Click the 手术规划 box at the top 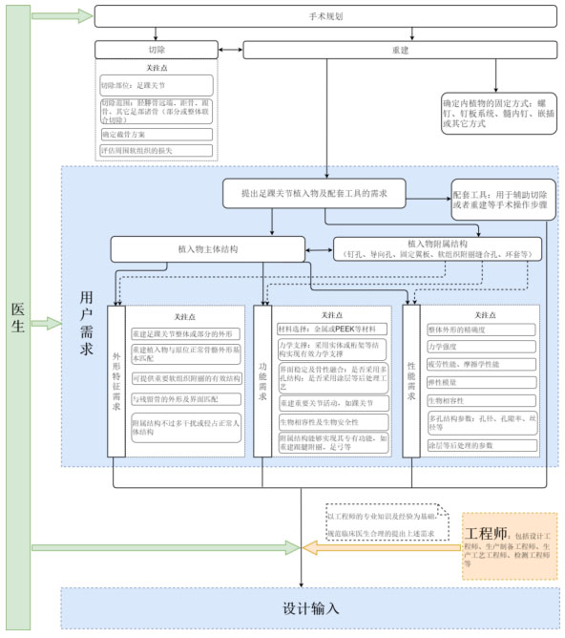click(x=325, y=16)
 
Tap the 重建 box click(x=400, y=49)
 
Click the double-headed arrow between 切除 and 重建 click(x=231, y=49)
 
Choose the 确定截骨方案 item click(x=157, y=135)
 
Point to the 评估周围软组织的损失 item click(x=157, y=150)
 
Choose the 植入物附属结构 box click(x=437, y=248)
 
